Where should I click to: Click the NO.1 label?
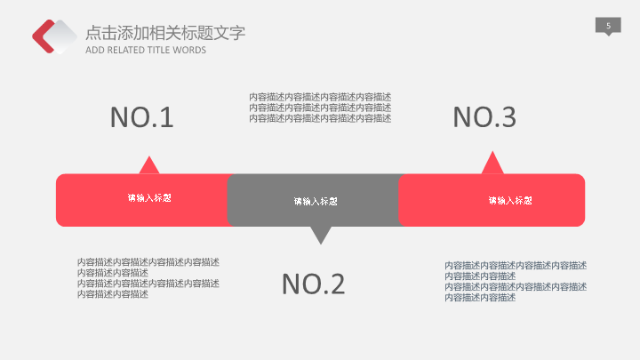[141, 117]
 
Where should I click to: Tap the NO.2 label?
[313, 284]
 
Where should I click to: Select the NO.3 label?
[484, 117]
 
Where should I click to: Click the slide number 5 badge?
[608, 27]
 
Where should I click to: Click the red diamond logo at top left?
[54, 36]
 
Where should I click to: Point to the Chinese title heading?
[165, 33]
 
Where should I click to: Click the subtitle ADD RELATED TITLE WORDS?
[146, 50]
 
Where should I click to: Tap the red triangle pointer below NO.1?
[148, 166]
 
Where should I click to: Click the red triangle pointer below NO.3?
[492, 164]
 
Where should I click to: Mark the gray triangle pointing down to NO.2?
[320, 235]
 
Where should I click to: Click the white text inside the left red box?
[149, 198]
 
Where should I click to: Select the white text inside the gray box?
[316, 201]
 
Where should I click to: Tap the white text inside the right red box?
[510, 201]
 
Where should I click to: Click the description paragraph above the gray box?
[320, 108]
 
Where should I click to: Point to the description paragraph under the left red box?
[148, 278]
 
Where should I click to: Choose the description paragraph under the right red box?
[516, 281]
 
